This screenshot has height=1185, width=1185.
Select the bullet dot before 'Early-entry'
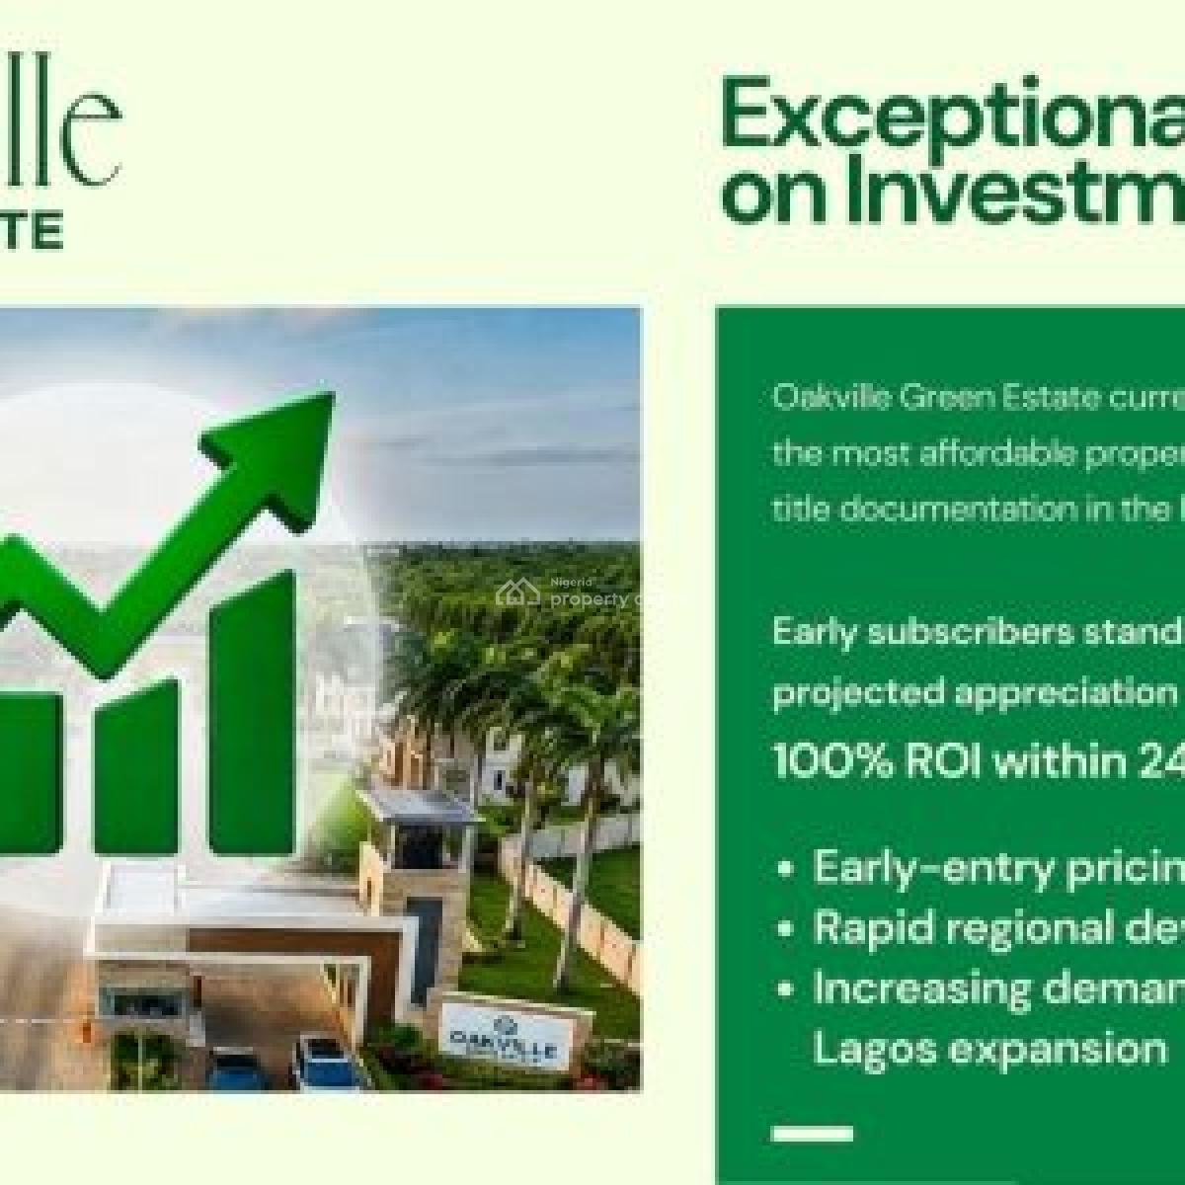pyautogui.click(x=786, y=870)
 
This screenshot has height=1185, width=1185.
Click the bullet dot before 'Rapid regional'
pyautogui.click(x=786, y=930)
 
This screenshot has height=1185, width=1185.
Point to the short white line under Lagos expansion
pyautogui.click(x=813, y=1106)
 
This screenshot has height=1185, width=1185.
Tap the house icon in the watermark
pyautogui.click(x=511, y=592)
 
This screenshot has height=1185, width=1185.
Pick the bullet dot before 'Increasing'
pyautogui.click(x=786, y=988)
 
